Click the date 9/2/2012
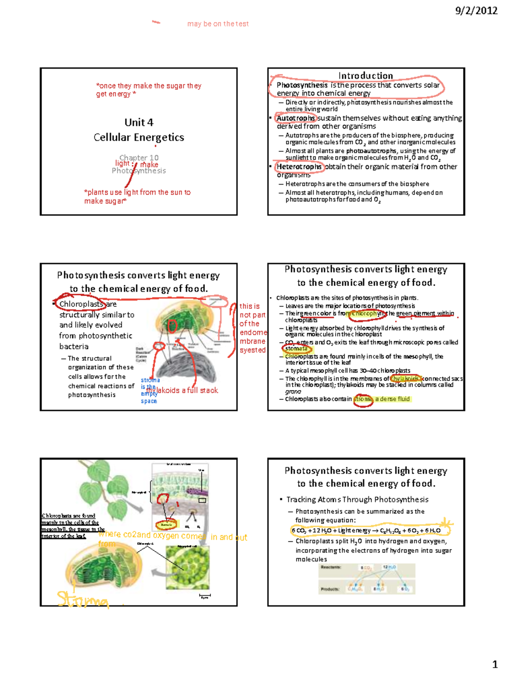(x=476, y=11)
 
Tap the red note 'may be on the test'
(x=218, y=24)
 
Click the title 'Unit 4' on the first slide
(x=139, y=123)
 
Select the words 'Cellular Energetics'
(x=139, y=137)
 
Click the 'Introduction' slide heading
(x=365, y=75)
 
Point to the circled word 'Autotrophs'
(x=295, y=118)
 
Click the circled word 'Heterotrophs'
(x=299, y=167)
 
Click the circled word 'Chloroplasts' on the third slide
(x=81, y=304)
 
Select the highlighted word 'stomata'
(x=296, y=349)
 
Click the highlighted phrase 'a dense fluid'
(x=392, y=399)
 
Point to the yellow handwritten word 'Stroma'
(x=83, y=599)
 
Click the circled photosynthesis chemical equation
(x=366, y=530)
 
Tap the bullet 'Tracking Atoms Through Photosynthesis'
(x=357, y=500)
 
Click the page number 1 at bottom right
(x=495, y=665)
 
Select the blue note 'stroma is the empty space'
(x=149, y=390)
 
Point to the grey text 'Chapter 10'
(x=139, y=158)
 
